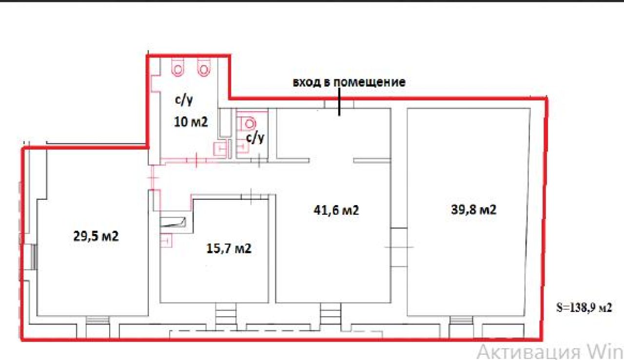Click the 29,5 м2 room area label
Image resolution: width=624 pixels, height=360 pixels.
(96, 236)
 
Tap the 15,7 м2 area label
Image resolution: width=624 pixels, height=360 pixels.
(229, 248)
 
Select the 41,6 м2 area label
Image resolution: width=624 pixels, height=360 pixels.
(336, 210)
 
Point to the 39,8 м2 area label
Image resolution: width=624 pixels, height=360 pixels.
(473, 209)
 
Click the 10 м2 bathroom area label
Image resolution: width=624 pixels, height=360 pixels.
(191, 122)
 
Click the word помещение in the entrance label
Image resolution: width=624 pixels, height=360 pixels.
(370, 82)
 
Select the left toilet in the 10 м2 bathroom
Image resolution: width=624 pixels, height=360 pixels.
(178, 68)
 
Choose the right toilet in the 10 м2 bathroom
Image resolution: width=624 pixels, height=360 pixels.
(204, 68)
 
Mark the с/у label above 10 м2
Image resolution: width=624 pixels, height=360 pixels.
(184, 100)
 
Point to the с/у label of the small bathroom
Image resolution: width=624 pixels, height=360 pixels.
(255, 137)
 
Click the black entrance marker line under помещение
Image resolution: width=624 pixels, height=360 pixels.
(339, 102)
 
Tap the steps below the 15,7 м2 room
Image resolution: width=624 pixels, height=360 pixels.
(226, 314)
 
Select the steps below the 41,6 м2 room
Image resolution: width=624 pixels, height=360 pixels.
(331, 314)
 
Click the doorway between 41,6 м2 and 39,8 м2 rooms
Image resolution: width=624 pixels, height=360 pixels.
(399, 247)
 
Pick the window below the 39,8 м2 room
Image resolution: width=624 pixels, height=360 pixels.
(461, 320)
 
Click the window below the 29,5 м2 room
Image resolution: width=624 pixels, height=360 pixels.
(97, 320)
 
